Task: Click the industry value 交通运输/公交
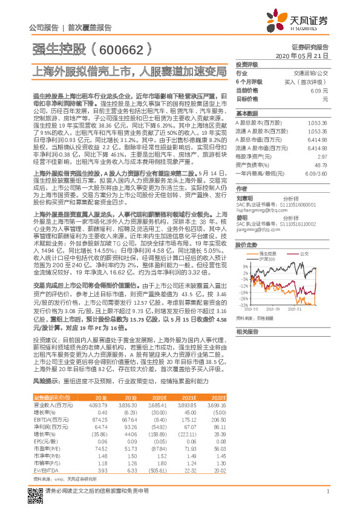coord(312,73)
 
